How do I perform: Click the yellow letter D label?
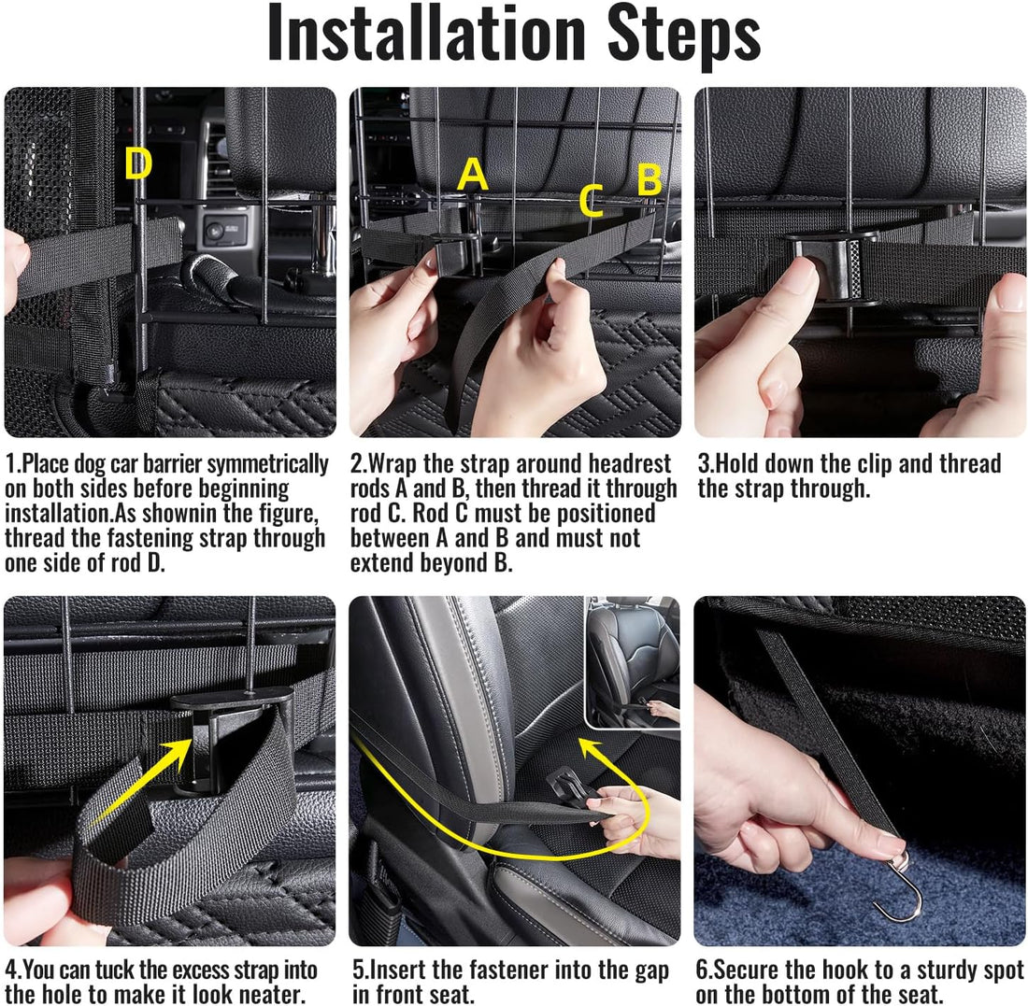point(138,163)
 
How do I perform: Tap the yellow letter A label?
point(473,175)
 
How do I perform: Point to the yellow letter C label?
point(592,201)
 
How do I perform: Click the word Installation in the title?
point(426,33)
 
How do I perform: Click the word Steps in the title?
point(684,36)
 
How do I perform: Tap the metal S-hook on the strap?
point(898,886)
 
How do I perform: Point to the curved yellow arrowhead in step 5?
point(592,749)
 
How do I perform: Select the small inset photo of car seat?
point(632,662)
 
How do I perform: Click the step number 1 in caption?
point(10,464)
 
